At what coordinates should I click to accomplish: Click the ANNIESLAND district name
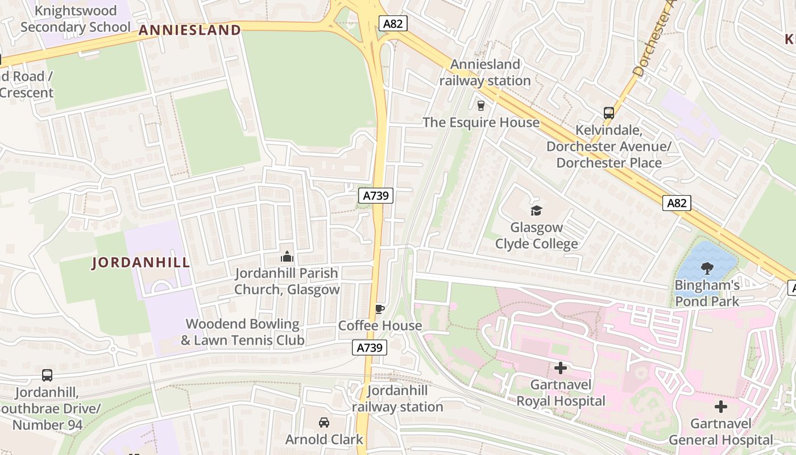pyautogui.click(x=190, y=30)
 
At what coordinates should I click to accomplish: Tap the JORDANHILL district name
pyautogui.click(x=141, y=263)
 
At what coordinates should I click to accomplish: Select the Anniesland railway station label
pyautogui.click(x=485, y=73)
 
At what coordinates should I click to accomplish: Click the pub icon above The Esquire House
pyautogui.click(x=480, y=105)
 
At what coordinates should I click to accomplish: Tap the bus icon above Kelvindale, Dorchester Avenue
pyautogui.click(x=609, y=113)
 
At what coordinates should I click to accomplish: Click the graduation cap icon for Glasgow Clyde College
pyautogui.click(x=536, y=211)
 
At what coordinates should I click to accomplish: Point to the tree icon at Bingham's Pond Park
pyautogui.click(x=707, y=268)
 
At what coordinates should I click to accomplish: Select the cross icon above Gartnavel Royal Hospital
pyautogui.click(x=561, y=368)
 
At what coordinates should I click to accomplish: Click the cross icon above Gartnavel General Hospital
pyautogui.click(x=720, y=407)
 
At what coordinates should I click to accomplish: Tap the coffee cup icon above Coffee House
pyautogui.click(x=379, y=309)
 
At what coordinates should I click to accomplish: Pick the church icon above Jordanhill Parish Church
pyautogui.click(x=287, y=257)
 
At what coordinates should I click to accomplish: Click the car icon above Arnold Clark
pyautogui.click(x=324, y=423)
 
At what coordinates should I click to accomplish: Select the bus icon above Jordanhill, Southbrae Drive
pyautogui.click(x=47, y=375)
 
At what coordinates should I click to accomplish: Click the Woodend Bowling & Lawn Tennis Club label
pyautogui.click(x=242, y=332)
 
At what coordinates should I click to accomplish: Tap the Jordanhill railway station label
pyautogui.click(x=397, y=399)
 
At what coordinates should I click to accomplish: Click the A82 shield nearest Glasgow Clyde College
pyautogui.click(x=677, y=203)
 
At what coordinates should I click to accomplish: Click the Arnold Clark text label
pyautogui.click(x=324, y=440)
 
